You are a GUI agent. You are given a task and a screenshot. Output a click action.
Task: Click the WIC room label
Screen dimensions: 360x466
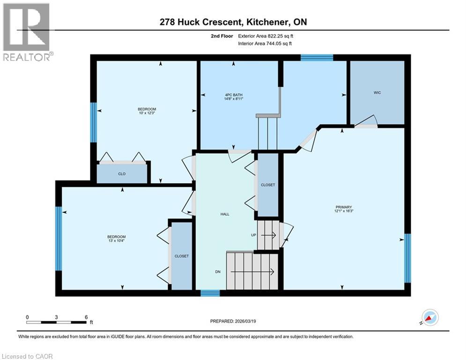(377, 93)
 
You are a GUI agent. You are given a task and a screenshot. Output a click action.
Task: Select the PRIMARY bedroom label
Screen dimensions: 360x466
(343, 207)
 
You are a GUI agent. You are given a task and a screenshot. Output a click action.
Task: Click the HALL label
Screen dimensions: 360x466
(225, 214)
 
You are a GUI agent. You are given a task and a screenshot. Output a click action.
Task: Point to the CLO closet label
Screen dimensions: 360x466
(121, 174)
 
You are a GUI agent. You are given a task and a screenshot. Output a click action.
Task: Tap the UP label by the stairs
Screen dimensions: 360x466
(253, 235)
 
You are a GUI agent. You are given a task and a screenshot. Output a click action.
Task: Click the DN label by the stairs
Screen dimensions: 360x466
(218, 271)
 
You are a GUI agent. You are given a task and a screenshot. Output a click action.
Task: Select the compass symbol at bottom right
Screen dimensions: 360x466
(429, 317)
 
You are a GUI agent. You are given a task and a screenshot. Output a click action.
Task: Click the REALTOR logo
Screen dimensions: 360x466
(27, 32)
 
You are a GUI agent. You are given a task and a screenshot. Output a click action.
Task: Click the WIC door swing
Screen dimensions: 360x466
(366, 121)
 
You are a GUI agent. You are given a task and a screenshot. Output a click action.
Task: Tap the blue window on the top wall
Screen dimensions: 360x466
(317, 58)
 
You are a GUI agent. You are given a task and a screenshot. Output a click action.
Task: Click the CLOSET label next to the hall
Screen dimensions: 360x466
(268, 185)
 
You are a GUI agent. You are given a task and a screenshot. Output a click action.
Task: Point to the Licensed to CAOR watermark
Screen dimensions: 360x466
(27, 356)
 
